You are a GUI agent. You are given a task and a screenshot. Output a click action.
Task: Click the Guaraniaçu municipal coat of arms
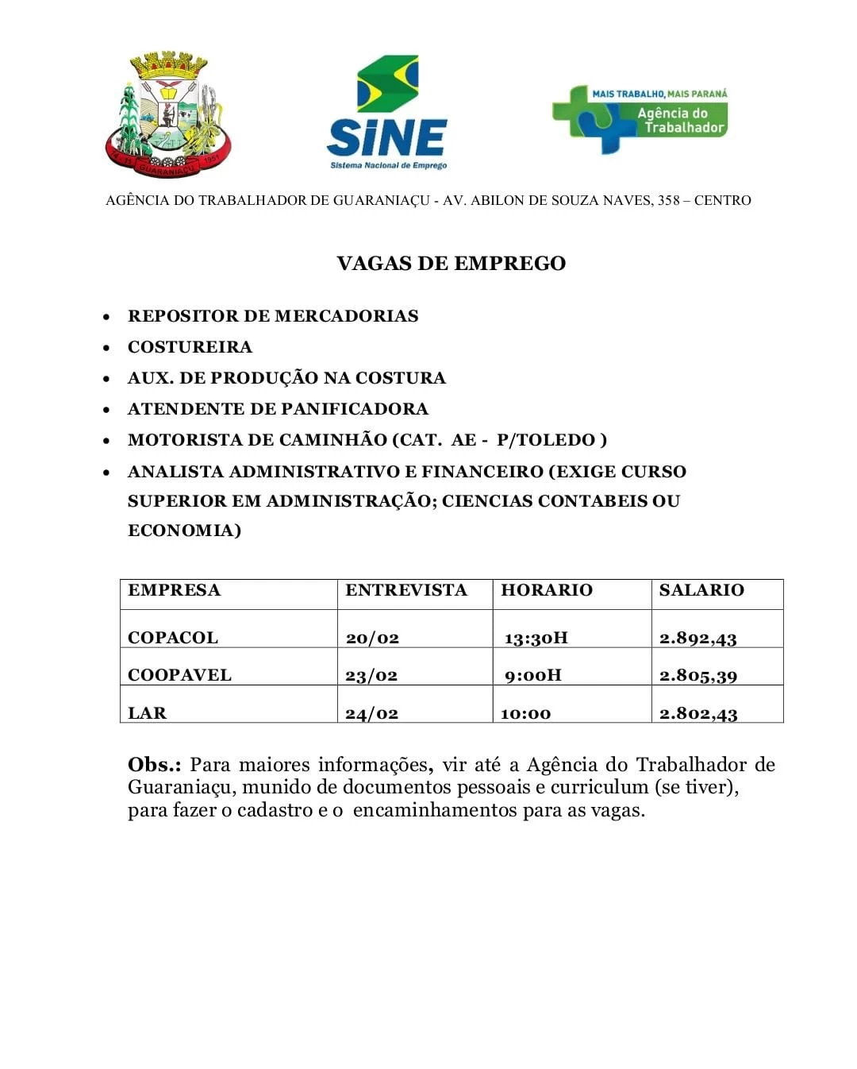point(167,114)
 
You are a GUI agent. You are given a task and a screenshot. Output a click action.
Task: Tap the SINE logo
point(387,113)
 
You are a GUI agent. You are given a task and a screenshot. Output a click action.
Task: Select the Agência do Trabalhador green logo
point(640,118)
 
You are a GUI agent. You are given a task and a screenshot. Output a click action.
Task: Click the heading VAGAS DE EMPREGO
point(451,264)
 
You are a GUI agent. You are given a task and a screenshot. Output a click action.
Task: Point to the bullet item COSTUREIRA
point(190,347)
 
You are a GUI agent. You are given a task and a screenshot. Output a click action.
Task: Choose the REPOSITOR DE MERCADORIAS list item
point(273,316)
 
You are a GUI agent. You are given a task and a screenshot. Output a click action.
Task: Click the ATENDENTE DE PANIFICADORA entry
point(278,409)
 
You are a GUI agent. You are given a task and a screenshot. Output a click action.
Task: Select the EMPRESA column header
point(174,590)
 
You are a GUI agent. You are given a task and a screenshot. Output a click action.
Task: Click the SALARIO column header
point(701,590)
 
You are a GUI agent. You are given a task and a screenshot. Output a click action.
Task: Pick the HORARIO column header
point(547,590)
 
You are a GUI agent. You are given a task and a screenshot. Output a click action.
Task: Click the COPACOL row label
point(172,638)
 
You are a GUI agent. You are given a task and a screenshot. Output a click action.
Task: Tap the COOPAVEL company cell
point(179,675)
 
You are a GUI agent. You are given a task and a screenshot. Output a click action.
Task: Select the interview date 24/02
point(371,713)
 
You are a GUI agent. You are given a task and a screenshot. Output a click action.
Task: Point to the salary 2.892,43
point(698,638)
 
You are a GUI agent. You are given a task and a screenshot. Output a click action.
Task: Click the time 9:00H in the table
point(532,675)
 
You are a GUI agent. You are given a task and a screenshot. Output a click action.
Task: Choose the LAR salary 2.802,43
point(698,713)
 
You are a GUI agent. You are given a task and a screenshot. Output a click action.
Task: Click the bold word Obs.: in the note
point(154,765)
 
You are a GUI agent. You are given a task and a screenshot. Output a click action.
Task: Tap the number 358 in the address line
point(668,200)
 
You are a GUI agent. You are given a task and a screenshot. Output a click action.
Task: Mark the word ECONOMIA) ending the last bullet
point(184,531)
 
